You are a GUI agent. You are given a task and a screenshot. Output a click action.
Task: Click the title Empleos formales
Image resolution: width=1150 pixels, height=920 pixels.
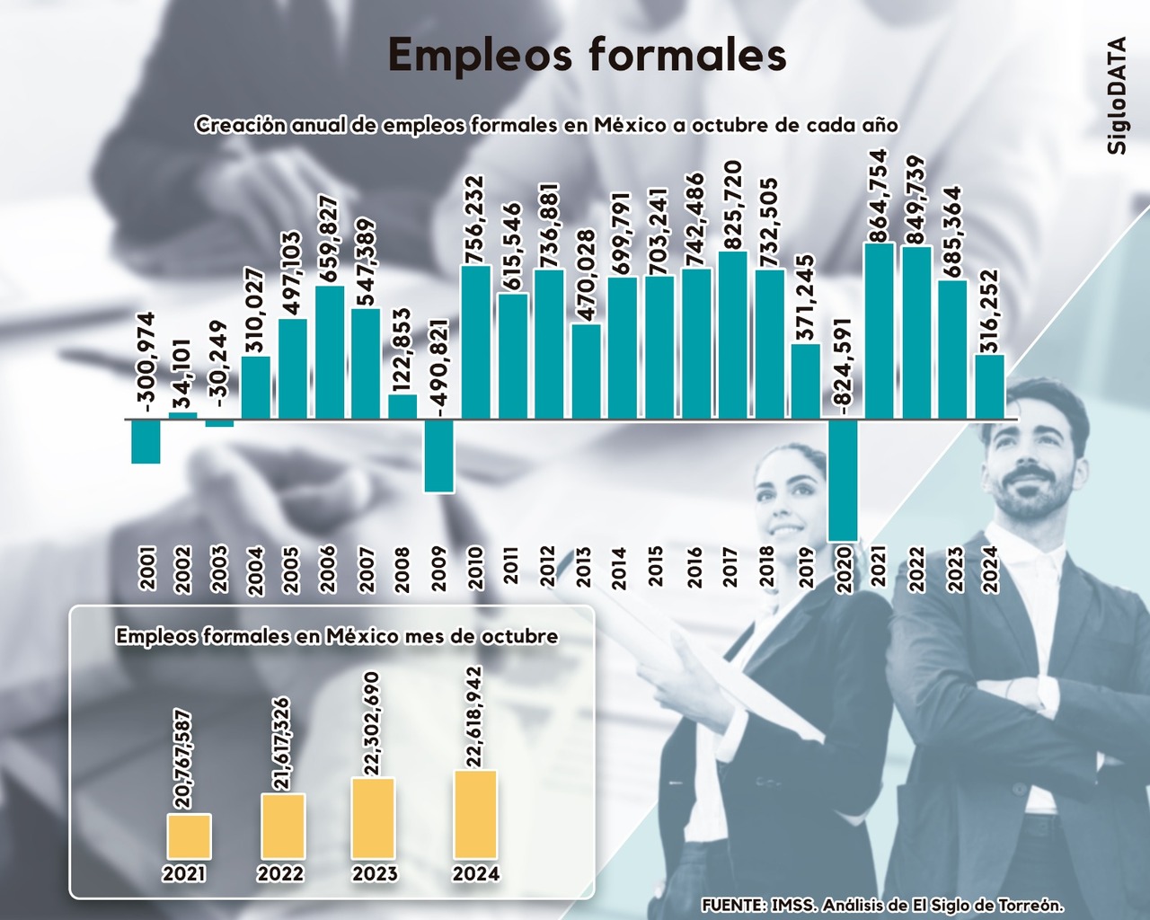click(x=587, y=56)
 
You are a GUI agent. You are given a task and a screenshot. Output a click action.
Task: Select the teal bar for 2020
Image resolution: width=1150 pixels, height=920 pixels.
click(x=843, y=480)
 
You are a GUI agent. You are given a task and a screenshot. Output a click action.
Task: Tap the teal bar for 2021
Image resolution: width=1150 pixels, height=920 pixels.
click(x=879, y=331)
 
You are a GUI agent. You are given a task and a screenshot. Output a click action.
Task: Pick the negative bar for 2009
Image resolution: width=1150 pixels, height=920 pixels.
click(x=438, y=456)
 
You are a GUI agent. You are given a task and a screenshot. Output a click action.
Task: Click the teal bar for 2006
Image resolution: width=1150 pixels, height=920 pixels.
click(x=330, y=352)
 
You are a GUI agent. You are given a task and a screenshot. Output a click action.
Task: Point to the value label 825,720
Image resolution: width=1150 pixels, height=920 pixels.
click(x=733, y=206)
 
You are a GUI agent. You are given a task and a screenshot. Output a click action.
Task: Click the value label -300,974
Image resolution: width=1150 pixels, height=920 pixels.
click(x=146, y=359)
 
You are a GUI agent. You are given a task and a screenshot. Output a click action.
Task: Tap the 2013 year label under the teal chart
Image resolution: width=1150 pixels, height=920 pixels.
click(x=584, y=568)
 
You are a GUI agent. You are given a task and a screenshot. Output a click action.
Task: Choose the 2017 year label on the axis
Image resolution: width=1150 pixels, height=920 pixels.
click(x=730, y=568)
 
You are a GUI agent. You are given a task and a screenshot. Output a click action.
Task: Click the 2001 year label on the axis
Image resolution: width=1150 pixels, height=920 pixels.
click(x=147, y=568)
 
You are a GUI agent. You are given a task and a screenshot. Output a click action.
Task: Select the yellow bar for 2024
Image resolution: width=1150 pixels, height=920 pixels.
click(x=475, y=815)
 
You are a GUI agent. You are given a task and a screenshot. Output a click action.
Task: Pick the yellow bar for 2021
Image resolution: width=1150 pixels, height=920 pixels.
click(x=189, y=836)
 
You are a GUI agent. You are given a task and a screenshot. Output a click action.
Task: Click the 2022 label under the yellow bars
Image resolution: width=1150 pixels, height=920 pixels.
click(x=280, y=873)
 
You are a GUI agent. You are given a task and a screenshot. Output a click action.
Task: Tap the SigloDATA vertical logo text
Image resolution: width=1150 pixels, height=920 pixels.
click(x=1117, y=95)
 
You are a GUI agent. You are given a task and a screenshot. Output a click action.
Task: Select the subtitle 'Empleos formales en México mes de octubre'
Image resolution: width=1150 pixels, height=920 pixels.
click(x=337, y=637)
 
